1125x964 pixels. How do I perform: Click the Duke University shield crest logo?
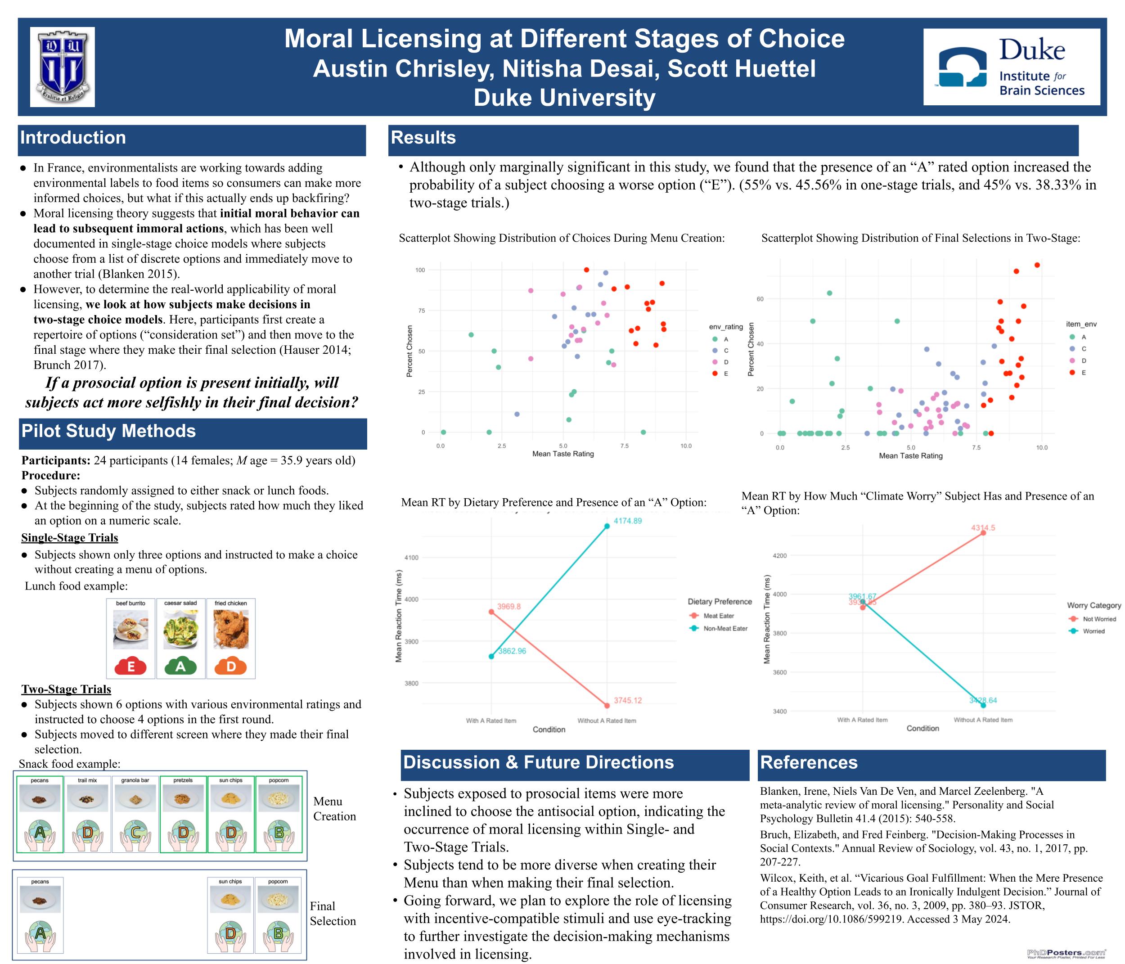coord(62,67)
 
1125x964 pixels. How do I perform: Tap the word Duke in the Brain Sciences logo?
coord(1031,50)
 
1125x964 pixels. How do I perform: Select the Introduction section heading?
coord(73,138)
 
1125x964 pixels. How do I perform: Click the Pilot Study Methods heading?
coord(108,431)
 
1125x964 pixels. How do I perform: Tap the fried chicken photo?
coord(231,629)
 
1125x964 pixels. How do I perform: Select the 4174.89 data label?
coord(628,521)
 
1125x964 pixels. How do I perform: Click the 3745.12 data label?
coord(628,701)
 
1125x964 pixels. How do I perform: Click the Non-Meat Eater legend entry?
coord(725,628)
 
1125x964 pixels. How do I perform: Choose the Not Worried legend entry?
coord(1099,619)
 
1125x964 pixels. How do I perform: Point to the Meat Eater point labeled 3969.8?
coord(491,612)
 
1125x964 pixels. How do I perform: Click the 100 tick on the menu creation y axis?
coord(420,270)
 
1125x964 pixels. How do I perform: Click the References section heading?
coord(809,762)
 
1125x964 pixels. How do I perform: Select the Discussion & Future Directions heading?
coord(538,762)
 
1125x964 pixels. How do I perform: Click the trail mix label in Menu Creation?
coord(87,780)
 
